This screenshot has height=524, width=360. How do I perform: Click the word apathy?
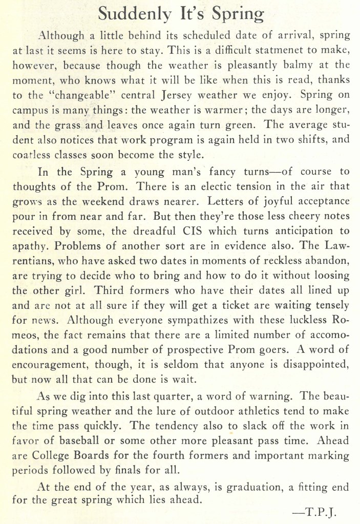pos(28,246)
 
